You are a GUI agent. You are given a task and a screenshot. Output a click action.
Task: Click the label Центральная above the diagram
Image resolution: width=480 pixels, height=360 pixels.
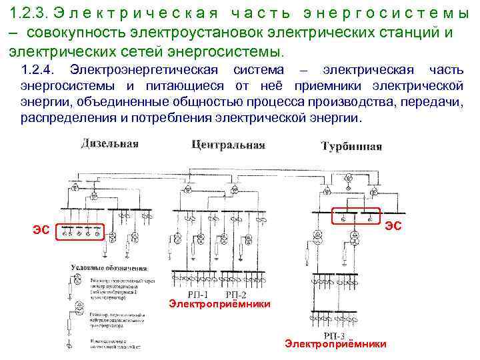[x=228, y=145]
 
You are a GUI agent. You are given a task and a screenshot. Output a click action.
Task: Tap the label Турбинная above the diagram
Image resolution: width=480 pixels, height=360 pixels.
[x=351, y=146]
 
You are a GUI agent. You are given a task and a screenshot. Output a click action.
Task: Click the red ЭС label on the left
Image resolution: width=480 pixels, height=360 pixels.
[x=41, y=231]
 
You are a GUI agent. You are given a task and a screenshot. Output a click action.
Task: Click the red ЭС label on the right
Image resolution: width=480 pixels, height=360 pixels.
[x=393, y=225]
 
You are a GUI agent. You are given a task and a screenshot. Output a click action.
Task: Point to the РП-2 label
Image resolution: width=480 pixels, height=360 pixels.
[x=235, y=294]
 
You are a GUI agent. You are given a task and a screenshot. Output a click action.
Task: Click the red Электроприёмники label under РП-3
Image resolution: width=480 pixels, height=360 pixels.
[x=335, y=344]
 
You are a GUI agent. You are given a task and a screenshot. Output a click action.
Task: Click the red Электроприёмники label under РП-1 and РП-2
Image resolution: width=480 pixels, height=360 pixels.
[x=219, y=304]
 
